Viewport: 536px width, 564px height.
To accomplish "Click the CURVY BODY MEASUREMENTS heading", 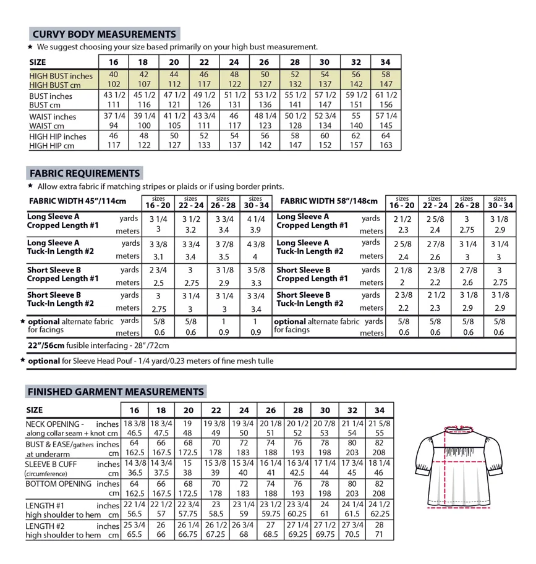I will coord(104,34).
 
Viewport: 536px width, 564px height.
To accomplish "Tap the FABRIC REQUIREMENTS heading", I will coord(84,173).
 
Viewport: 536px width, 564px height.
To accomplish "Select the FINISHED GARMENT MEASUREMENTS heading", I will coord(116,391).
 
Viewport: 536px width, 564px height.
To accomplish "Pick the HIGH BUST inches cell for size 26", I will coord(264,75).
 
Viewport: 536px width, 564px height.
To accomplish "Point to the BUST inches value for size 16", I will coord(113,96).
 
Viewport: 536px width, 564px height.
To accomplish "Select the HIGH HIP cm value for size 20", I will coord(174,146).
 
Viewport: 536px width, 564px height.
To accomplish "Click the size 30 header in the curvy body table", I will coord(325,62).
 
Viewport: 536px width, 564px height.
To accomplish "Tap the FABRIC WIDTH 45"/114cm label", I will coord(77,201).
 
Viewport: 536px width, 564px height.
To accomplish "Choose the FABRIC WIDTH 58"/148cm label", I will coord(329,201).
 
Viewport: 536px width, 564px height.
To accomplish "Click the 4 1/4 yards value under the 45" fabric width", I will coord(256,219).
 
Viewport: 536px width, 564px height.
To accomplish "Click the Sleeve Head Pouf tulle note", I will coord(150,361).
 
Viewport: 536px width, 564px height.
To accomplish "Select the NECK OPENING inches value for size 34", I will coord(380,424).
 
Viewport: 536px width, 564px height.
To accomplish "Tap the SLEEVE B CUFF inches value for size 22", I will coord(216,463).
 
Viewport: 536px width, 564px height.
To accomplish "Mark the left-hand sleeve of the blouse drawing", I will coord(426,454).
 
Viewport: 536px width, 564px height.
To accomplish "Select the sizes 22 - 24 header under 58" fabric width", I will coord(435,202).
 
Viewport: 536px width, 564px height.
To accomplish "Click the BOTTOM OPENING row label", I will coord(59,483).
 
